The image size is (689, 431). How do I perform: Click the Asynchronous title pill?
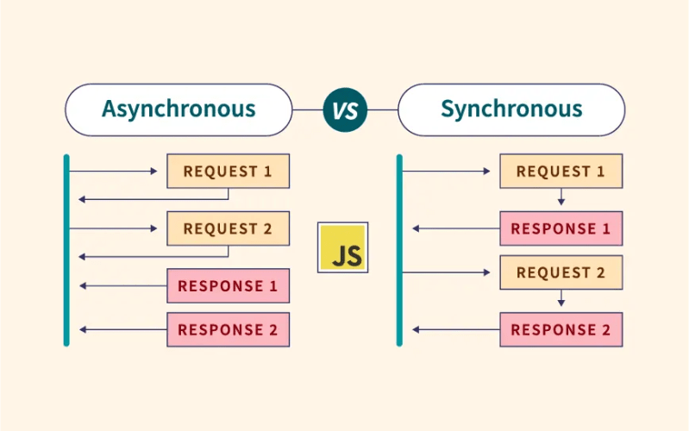[179, 109]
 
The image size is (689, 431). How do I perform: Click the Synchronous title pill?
[511, 109]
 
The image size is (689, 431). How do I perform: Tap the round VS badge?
[345, 110]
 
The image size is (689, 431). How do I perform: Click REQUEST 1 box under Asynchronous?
[228, 172]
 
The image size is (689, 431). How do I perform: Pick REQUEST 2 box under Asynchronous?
[228, 228]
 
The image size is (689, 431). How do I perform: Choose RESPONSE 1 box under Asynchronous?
[228, 286]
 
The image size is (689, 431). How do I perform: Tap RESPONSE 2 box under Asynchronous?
[228, 329]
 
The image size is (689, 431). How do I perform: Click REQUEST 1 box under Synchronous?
[561, 172]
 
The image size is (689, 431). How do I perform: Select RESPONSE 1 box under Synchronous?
[561, 228]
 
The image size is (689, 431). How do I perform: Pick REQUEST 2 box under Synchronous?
[561, 272]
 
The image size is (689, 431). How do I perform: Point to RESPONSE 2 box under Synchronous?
[561, 329]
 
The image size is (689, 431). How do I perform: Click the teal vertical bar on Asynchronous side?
[66, 250]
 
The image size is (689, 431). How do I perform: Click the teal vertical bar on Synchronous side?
[399, 250]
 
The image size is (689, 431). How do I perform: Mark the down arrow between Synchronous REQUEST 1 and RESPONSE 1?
[561, 197]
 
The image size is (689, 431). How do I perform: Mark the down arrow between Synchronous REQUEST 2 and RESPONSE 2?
[561, 298]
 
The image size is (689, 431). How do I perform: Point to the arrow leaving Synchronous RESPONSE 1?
[455, 228]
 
